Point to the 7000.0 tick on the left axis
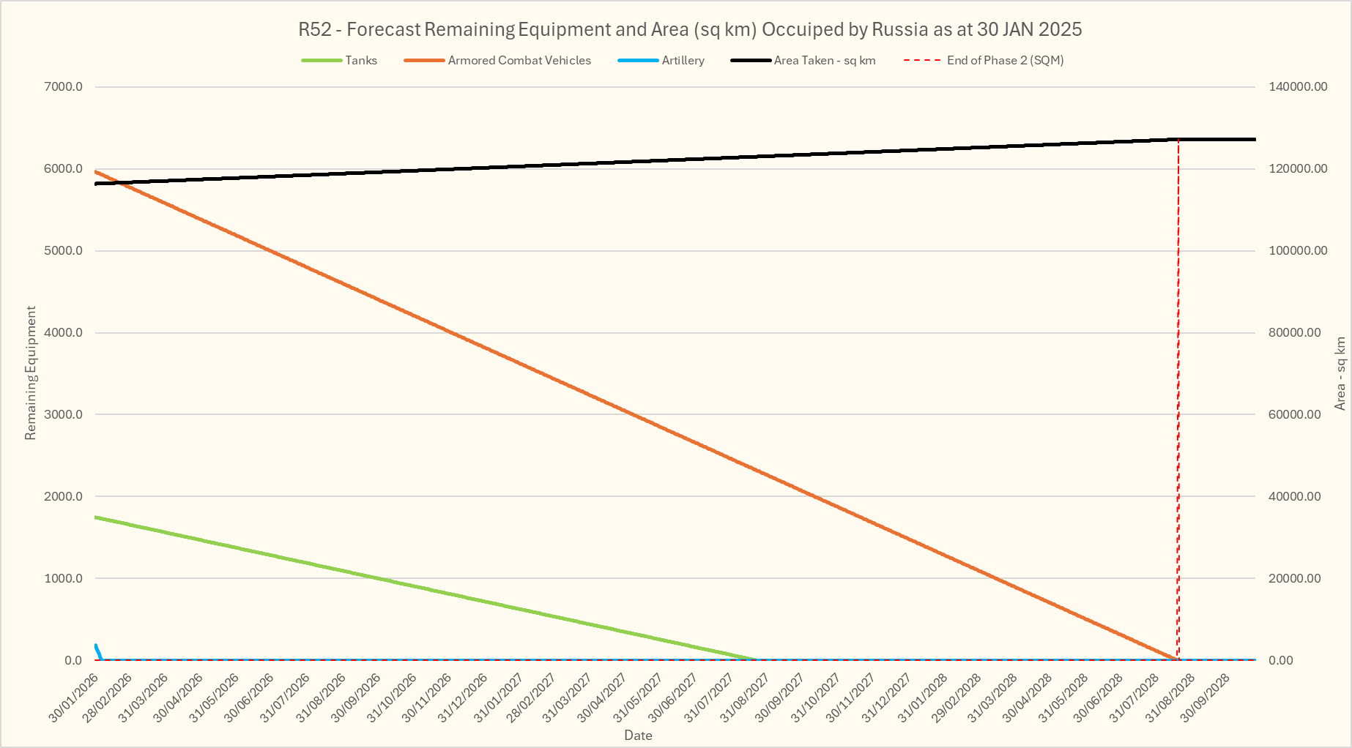[64, 87]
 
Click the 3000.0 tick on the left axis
[64, 414]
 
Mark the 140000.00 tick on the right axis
[1297, 87]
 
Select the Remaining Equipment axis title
[31, 373]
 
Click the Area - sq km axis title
[1340, 373]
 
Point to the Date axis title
[638, 736]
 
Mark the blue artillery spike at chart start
[97, 651]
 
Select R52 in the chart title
[314, 30]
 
